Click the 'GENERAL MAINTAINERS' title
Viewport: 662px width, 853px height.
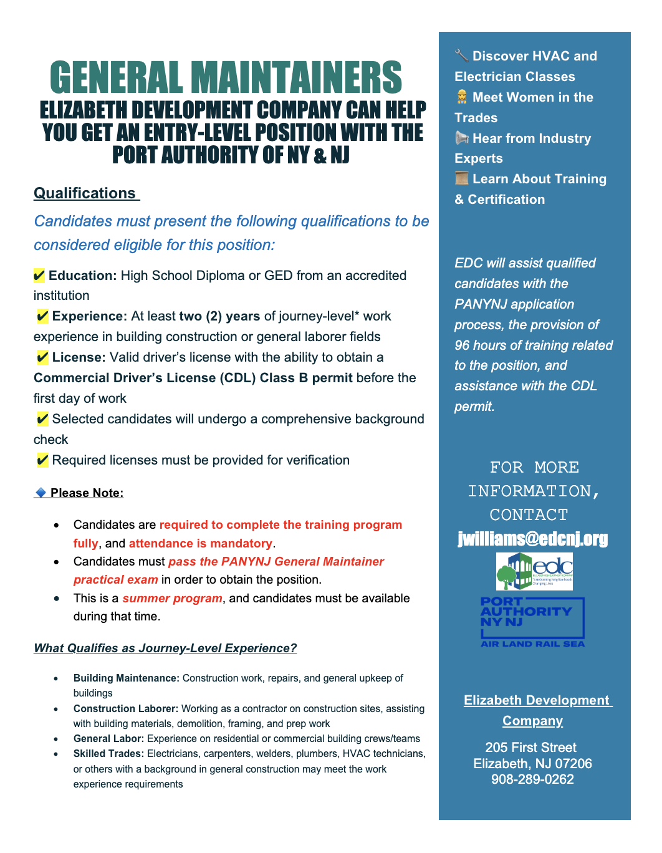click(x=226, y=78)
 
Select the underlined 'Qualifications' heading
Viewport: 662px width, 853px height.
click(x=85, y=193)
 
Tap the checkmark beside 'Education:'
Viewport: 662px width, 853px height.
click(x=39, y=276)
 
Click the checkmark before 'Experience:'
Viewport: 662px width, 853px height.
click(x=42, y=316)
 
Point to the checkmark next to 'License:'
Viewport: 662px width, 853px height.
click(x=42, y=357)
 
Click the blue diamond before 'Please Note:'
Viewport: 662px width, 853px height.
click(x=41, y=493)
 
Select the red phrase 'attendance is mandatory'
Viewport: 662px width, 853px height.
click(x=200, y=543)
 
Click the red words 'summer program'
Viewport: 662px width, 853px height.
click(x=172, y=598)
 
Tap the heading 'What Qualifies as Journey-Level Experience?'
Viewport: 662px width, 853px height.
click(x=165, y=648)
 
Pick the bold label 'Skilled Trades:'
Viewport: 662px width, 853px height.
click(x=108, y=753)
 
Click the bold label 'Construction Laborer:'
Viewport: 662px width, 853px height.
click(x=126, y=708)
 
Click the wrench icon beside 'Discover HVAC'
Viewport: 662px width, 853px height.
click(x=461, y=55)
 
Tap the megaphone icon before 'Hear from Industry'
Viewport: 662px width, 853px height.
click(x=461, y=138)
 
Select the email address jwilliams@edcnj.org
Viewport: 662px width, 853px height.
click(x=533, y=539)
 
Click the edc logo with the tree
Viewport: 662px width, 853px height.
click(x=534, y=571)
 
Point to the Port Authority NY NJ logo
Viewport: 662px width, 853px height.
click(x=532, y=622)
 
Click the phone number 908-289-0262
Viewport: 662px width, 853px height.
click(x=532, y=779)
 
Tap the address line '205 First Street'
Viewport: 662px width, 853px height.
click(x=530, y=747)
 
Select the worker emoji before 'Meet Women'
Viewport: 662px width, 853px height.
click(x=462, y=97)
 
